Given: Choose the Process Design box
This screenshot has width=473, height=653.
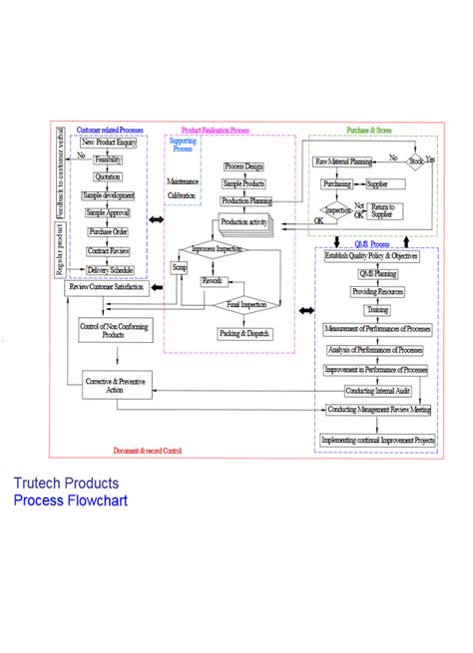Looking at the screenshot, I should [x=244, y=165].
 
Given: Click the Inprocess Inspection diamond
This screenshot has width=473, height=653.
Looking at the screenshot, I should [x=219, y=248].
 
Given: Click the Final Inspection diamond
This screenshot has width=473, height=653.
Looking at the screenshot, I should [x=245, y=304].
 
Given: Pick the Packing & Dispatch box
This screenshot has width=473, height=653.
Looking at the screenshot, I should [x=245, y=333].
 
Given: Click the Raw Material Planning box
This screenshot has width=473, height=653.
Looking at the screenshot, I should [x=343, y=162].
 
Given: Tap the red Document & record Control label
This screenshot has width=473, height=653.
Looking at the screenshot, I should [x=148, y=451].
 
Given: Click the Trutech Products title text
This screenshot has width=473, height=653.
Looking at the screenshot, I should [x=65, y=484].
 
